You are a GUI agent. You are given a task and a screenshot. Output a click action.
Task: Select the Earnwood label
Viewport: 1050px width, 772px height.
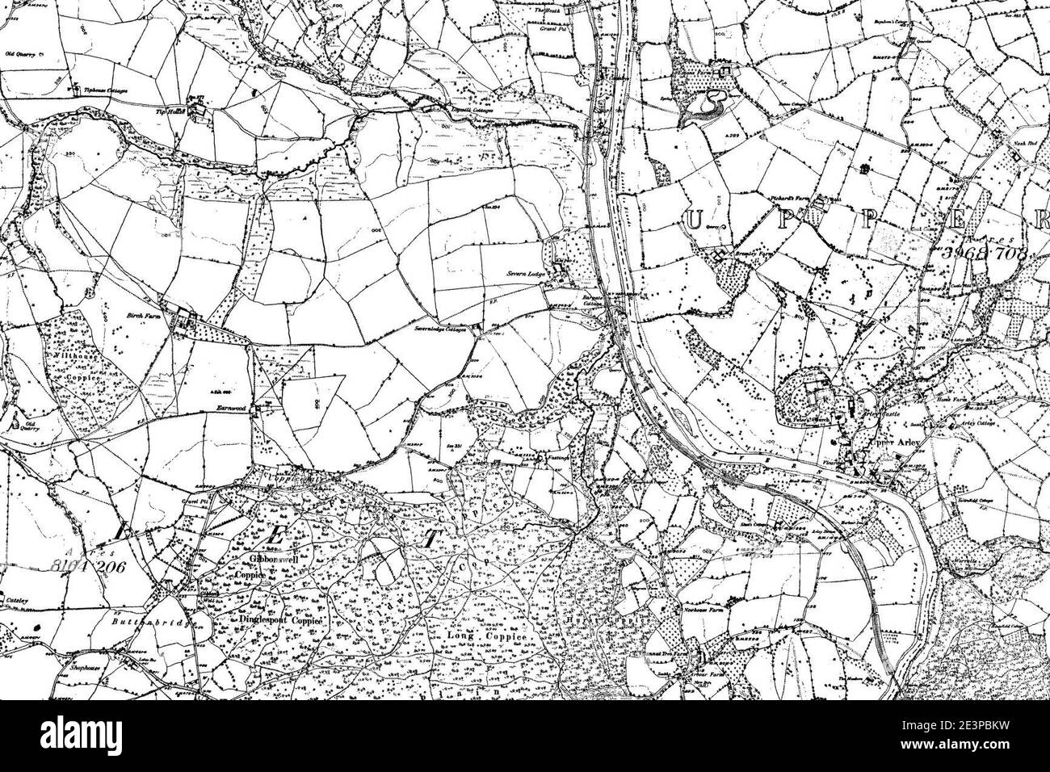point(235,410)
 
